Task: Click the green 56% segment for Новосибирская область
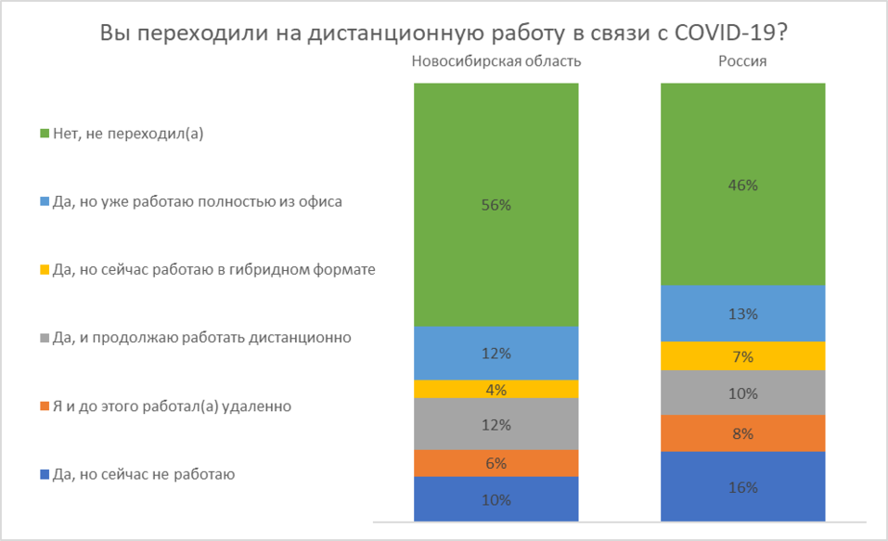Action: (x=496, y=205)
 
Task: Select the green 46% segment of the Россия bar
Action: (x=742, y=185)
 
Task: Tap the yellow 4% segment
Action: (x=496, y=389)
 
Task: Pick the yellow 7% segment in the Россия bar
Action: (x=742, y=356)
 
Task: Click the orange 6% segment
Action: (x=496, y=463)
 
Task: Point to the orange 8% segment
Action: (x=742, y=433)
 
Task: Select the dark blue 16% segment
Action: (x=742, y=486)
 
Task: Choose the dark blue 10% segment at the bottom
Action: (x=496, y=499)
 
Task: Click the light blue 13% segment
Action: (x=742, y=314)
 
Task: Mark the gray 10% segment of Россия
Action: (x=742, y=393)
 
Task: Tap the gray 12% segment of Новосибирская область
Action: (x=496, y=424)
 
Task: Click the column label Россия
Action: (x=742, y=61)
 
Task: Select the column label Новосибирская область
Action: (x=496, y=61)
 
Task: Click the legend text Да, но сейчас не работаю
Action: (x=144, y=474)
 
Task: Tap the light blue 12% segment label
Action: (x=496, y=354)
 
